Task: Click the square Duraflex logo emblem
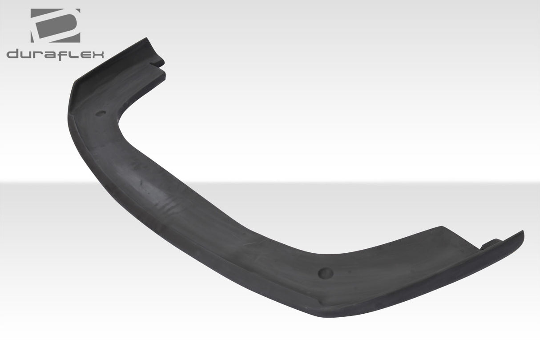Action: coord(55,25)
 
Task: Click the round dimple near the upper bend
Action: coord(101,113)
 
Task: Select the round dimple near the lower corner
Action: coord(326,273)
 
